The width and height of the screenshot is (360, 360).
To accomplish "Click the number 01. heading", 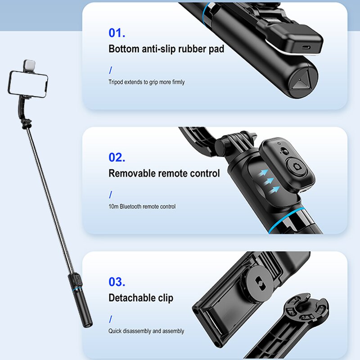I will click(x=117, y=33).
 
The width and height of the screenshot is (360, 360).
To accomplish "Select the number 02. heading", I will click(x=117, y=157).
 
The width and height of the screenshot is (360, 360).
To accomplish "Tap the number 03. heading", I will click(x=117, y=282).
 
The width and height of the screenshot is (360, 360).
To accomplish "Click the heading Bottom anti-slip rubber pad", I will click(x=166, y=49).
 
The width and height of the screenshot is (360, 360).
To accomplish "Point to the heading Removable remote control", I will click(x=164, y=173).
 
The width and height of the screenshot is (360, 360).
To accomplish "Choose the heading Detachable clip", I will click(x=141, y=298).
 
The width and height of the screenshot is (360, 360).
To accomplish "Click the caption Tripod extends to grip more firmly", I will click(x=146, y=82).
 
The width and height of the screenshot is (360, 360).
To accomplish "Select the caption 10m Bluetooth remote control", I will click(x=142, y=207).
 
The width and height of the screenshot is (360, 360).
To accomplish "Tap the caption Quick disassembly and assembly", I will click(x=146, y=331).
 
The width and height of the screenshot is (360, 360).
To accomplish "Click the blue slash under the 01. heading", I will click(x=111, y=70).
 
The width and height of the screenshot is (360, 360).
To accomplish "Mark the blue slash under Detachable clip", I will click(x=111, y=319).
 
